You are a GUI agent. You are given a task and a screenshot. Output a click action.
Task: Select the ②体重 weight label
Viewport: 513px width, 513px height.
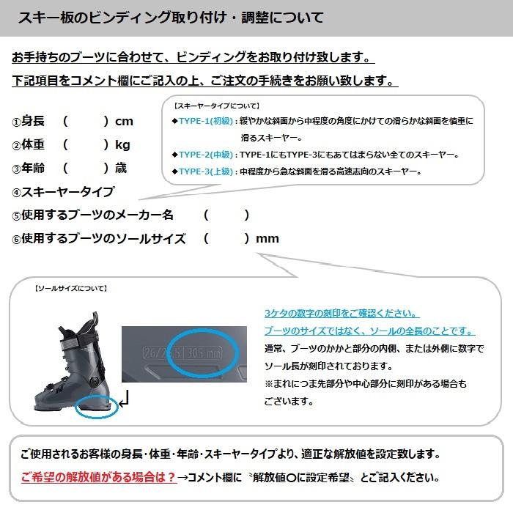click(29, 145)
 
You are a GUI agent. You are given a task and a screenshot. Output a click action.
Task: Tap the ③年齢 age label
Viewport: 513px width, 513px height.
click(29, 169)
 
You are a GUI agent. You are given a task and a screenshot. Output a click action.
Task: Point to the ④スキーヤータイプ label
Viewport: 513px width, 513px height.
click(63, 192)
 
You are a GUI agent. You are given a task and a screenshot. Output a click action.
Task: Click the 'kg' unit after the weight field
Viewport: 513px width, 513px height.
click(123, 145)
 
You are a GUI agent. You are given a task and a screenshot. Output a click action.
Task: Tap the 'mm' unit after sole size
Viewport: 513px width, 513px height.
click(267, 239)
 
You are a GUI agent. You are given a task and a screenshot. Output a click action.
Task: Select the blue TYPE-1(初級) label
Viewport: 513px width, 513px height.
click(205, 121)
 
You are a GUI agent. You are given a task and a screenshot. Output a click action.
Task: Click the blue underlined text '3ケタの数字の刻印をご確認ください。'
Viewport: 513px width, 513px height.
click(342, 313)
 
